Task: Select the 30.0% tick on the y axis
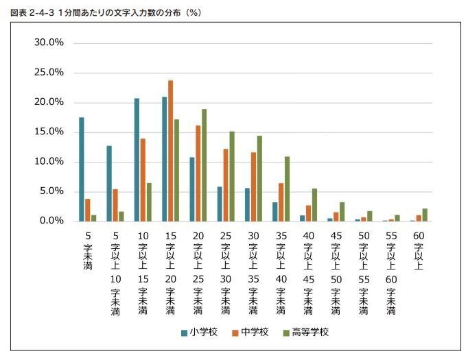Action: click(49, 43)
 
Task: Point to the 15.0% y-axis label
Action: click(49, 132)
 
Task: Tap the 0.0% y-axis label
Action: click(51, 221)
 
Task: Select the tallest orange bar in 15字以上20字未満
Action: click(170, 151)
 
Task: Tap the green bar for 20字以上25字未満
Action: click(204, 165)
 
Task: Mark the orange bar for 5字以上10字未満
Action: click(115, 205)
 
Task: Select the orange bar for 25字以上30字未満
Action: click(226, 184)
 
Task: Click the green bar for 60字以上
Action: click(425, 215)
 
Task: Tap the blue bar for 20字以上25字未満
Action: click(192, 189)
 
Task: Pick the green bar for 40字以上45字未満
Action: click(314, 204)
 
